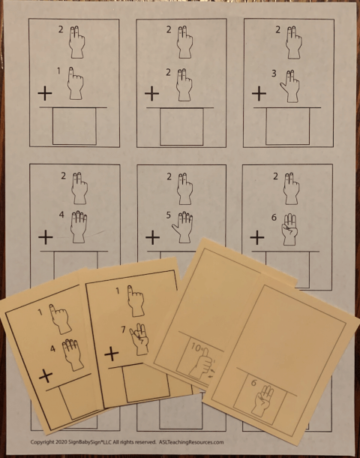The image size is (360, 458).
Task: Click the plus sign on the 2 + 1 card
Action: tap(44, 95)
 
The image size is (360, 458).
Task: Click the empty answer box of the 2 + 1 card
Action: tap(73, 127)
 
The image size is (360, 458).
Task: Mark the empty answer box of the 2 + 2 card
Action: tap(181, 127)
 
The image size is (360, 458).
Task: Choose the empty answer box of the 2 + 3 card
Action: tap(288, 127)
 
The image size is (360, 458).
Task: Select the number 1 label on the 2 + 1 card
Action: tap(60, 71)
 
